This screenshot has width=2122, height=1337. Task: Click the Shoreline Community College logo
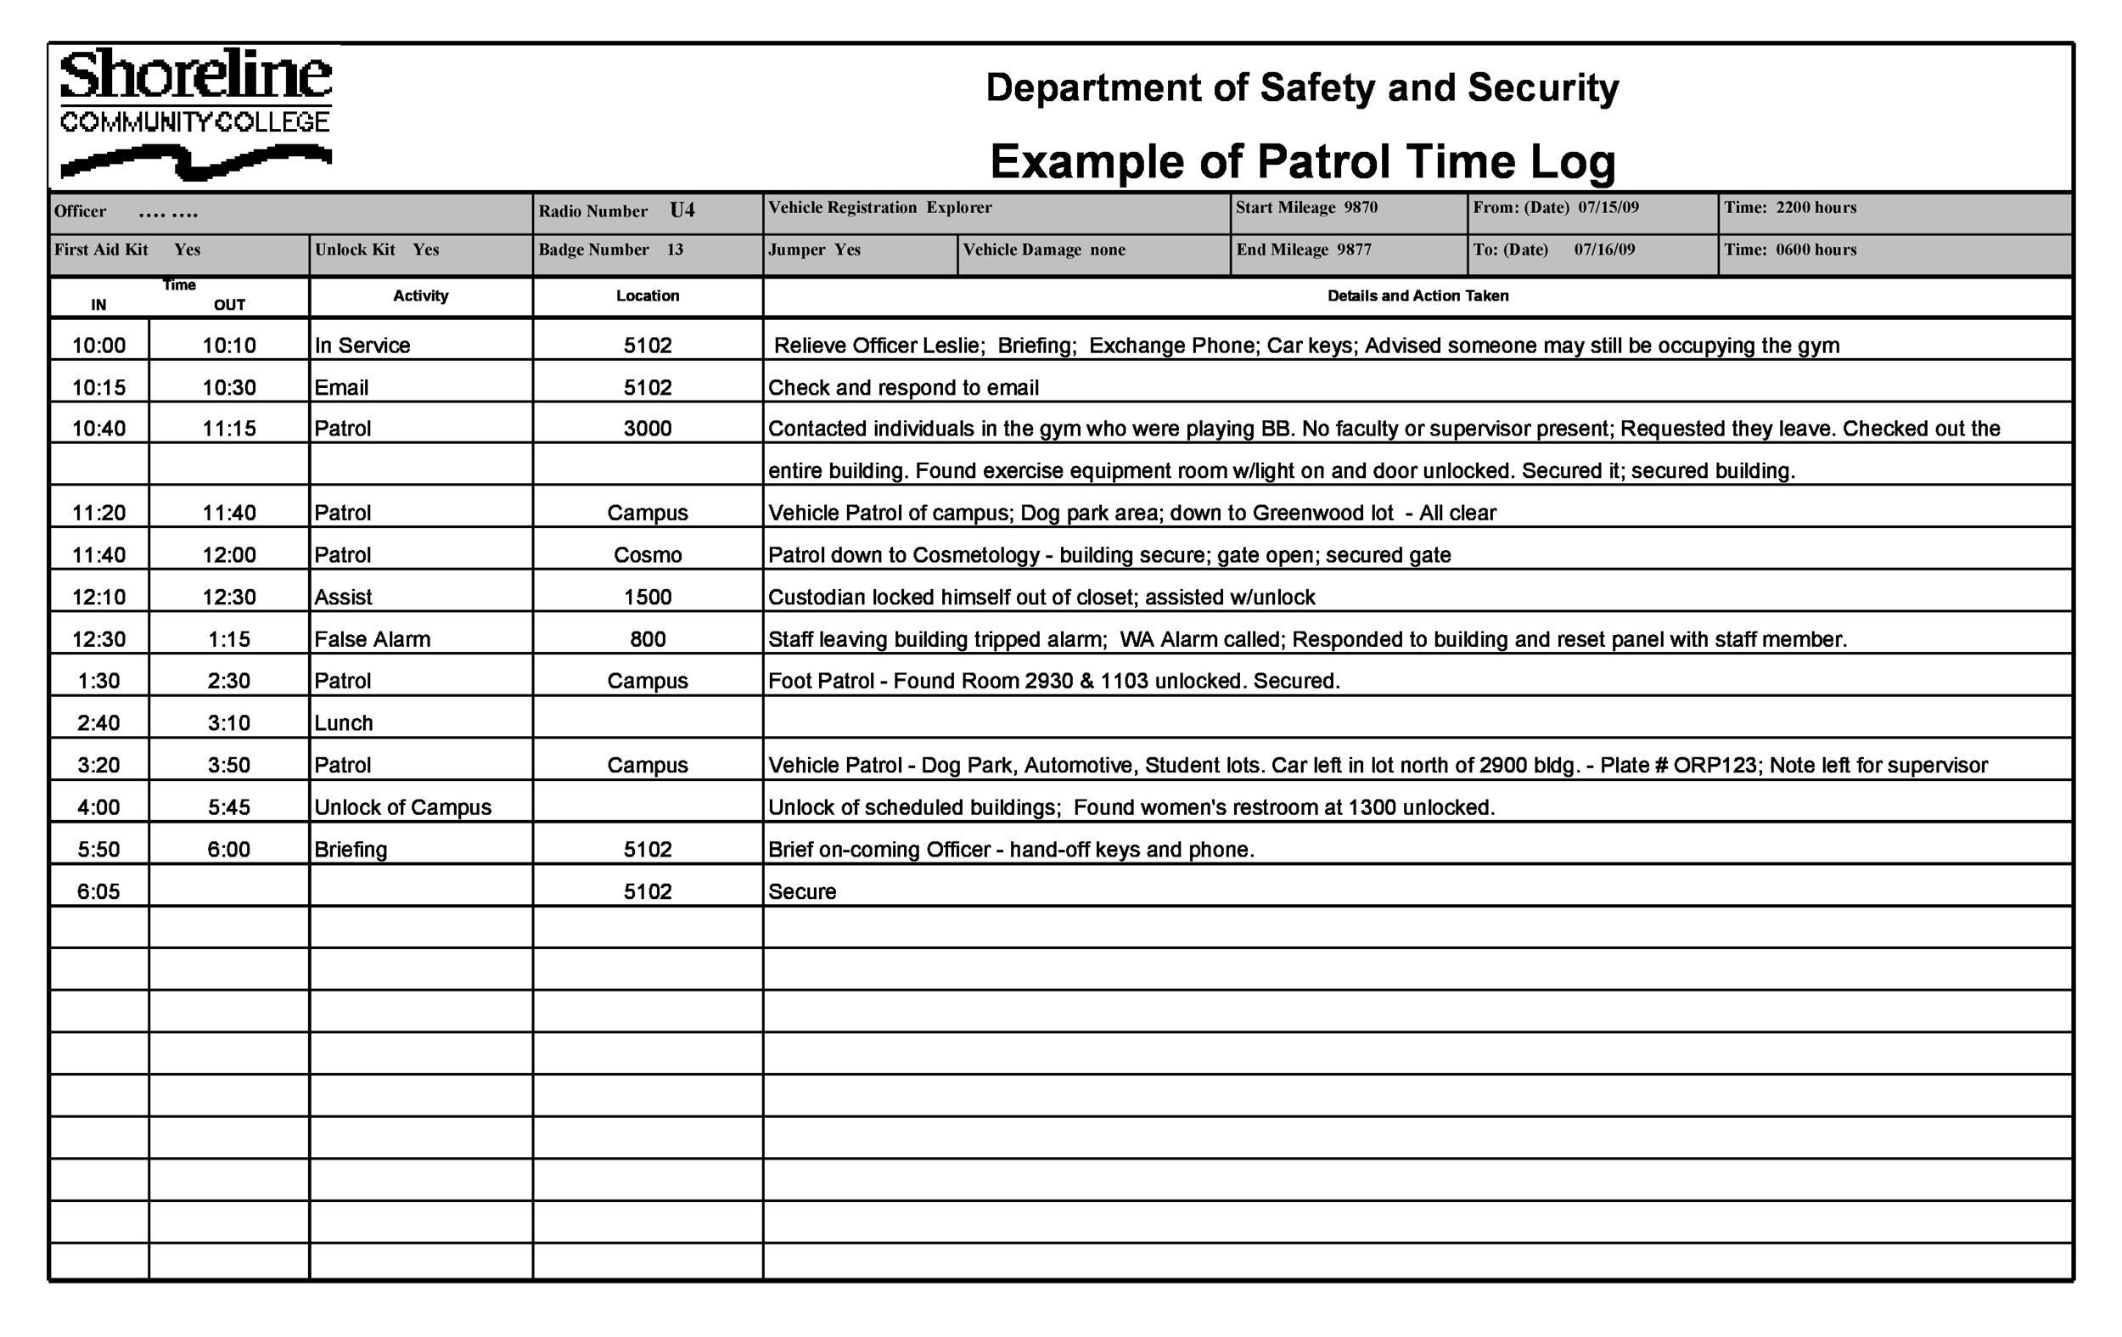[x=195, y=113]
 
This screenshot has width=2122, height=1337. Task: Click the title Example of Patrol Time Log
[x=1302, y=161]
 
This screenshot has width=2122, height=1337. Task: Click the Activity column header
[x=420, y=296]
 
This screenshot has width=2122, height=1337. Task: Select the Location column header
[x=648, y=296]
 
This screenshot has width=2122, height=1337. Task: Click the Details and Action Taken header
[x=1417, y=296]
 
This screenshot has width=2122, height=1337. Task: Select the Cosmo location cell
[x=648, y=555]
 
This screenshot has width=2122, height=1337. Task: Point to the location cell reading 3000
[x=648, y=430]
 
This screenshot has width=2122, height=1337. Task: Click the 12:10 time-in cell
[x=98, y=598]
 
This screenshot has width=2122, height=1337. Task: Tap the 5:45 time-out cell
[x=229, y=807]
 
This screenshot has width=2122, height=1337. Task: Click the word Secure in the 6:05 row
[x=802, y=892]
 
